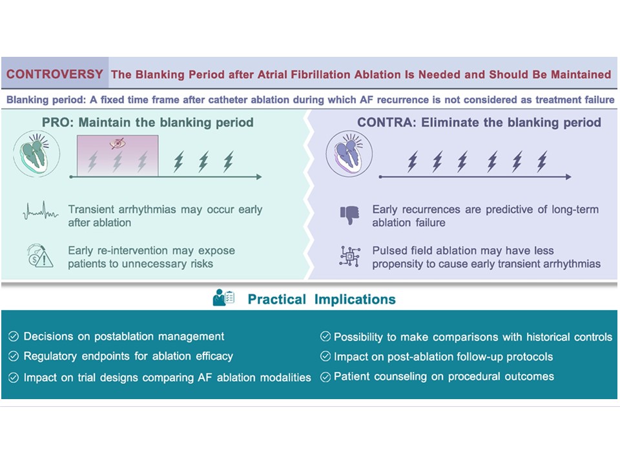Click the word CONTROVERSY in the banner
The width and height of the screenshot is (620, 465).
pos(54,74)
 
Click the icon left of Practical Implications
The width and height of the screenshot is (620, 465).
pos(223,299)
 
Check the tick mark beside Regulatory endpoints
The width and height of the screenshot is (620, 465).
pos(14,356)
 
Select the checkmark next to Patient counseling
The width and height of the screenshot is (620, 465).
pos(325,377)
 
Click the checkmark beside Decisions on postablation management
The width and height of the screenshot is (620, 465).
pos(14,336)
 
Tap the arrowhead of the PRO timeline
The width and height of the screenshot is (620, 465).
pos(258,176)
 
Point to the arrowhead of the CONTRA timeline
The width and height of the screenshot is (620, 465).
pos(568,176)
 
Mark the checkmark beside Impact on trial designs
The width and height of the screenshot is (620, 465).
pos(14,377)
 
